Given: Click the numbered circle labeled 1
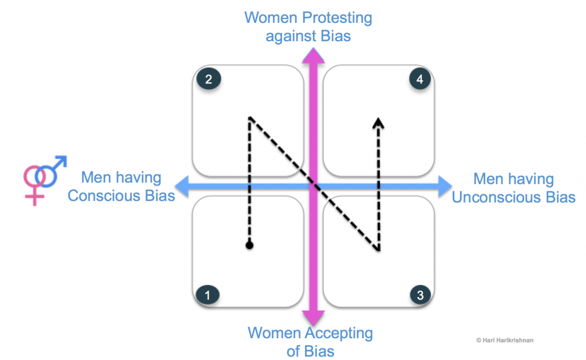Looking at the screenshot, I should (x=208, y=295).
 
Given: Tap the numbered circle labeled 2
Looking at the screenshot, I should (x=208, y=79).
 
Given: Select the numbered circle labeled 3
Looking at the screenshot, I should (x=420, y=295).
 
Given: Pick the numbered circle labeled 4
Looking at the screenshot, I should (x=420, y=80).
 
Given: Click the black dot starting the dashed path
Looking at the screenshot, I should (x=249, y=246).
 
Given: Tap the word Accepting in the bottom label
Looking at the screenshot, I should (x=334, y=333).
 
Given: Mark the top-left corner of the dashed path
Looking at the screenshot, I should (x=249, y=117).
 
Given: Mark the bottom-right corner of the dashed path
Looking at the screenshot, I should (x=378, y=250).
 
